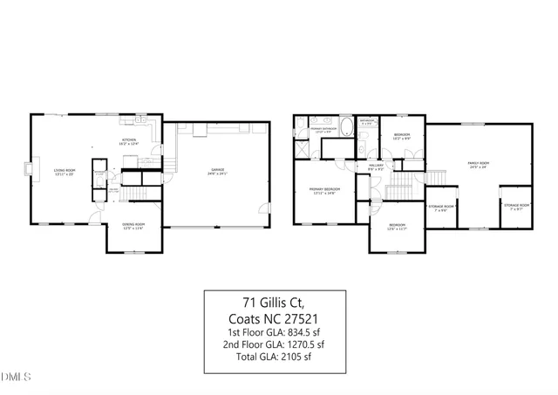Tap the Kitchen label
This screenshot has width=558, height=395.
point(129,140)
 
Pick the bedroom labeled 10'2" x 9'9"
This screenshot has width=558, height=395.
point(402,136)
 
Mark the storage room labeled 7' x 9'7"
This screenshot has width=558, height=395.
point(514,207)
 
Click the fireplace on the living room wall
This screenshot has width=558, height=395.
point(31,169)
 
